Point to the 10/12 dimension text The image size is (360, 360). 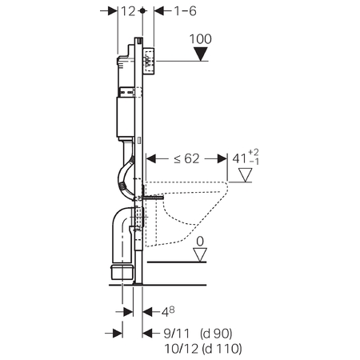point(175,348)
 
